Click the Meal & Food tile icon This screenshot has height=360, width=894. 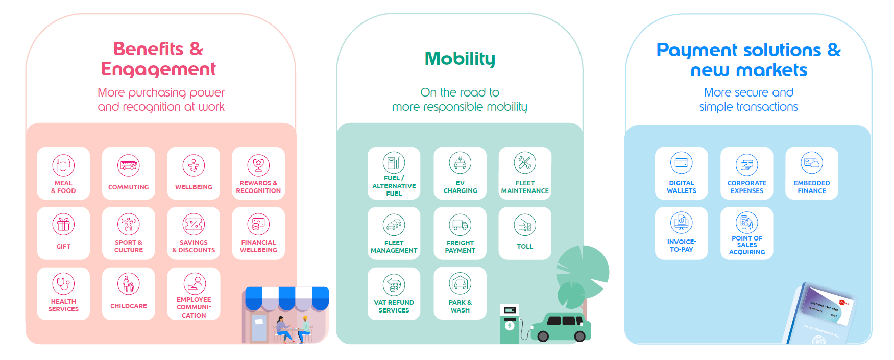63,165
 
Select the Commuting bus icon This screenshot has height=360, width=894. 128,165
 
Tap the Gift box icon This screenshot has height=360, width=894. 63,224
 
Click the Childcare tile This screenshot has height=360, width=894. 128,294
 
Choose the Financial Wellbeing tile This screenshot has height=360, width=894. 258,233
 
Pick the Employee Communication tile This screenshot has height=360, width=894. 194,294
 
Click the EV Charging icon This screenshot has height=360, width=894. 460,163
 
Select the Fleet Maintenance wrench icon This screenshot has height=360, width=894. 525,163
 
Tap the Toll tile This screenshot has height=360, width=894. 525,233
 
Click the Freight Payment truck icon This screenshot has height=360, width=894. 460,224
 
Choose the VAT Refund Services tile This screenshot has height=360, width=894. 394,294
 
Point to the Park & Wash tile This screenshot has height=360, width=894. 460,294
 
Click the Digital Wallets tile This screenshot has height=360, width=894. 681,174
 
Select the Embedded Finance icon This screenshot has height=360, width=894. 812,163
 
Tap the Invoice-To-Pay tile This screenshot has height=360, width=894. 681,233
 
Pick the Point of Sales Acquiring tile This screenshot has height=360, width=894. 746,233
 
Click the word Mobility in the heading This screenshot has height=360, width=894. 460,59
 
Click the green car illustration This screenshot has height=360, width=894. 562,327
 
